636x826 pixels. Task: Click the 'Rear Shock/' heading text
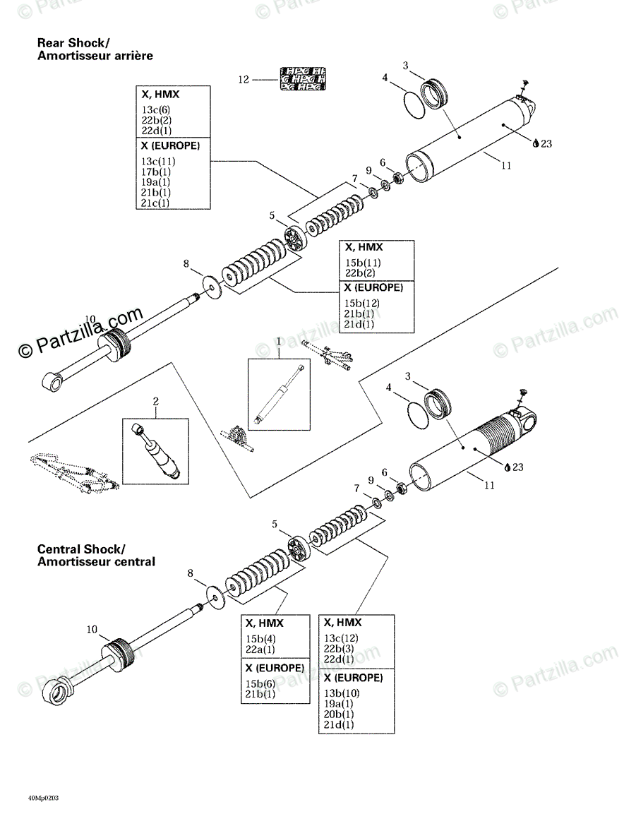(73, 44)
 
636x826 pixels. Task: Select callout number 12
(244, 80)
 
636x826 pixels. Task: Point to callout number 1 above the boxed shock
(279, 342)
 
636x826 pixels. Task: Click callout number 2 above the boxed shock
(156, 402)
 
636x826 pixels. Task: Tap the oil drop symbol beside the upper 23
(536, 143)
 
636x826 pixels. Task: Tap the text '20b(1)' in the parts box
(339, 714)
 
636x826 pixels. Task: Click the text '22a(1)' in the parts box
(260, 650)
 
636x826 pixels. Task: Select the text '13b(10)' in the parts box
(342, 692)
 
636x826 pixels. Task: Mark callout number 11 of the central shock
(489, 485)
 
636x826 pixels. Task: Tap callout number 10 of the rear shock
(90, 318)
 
